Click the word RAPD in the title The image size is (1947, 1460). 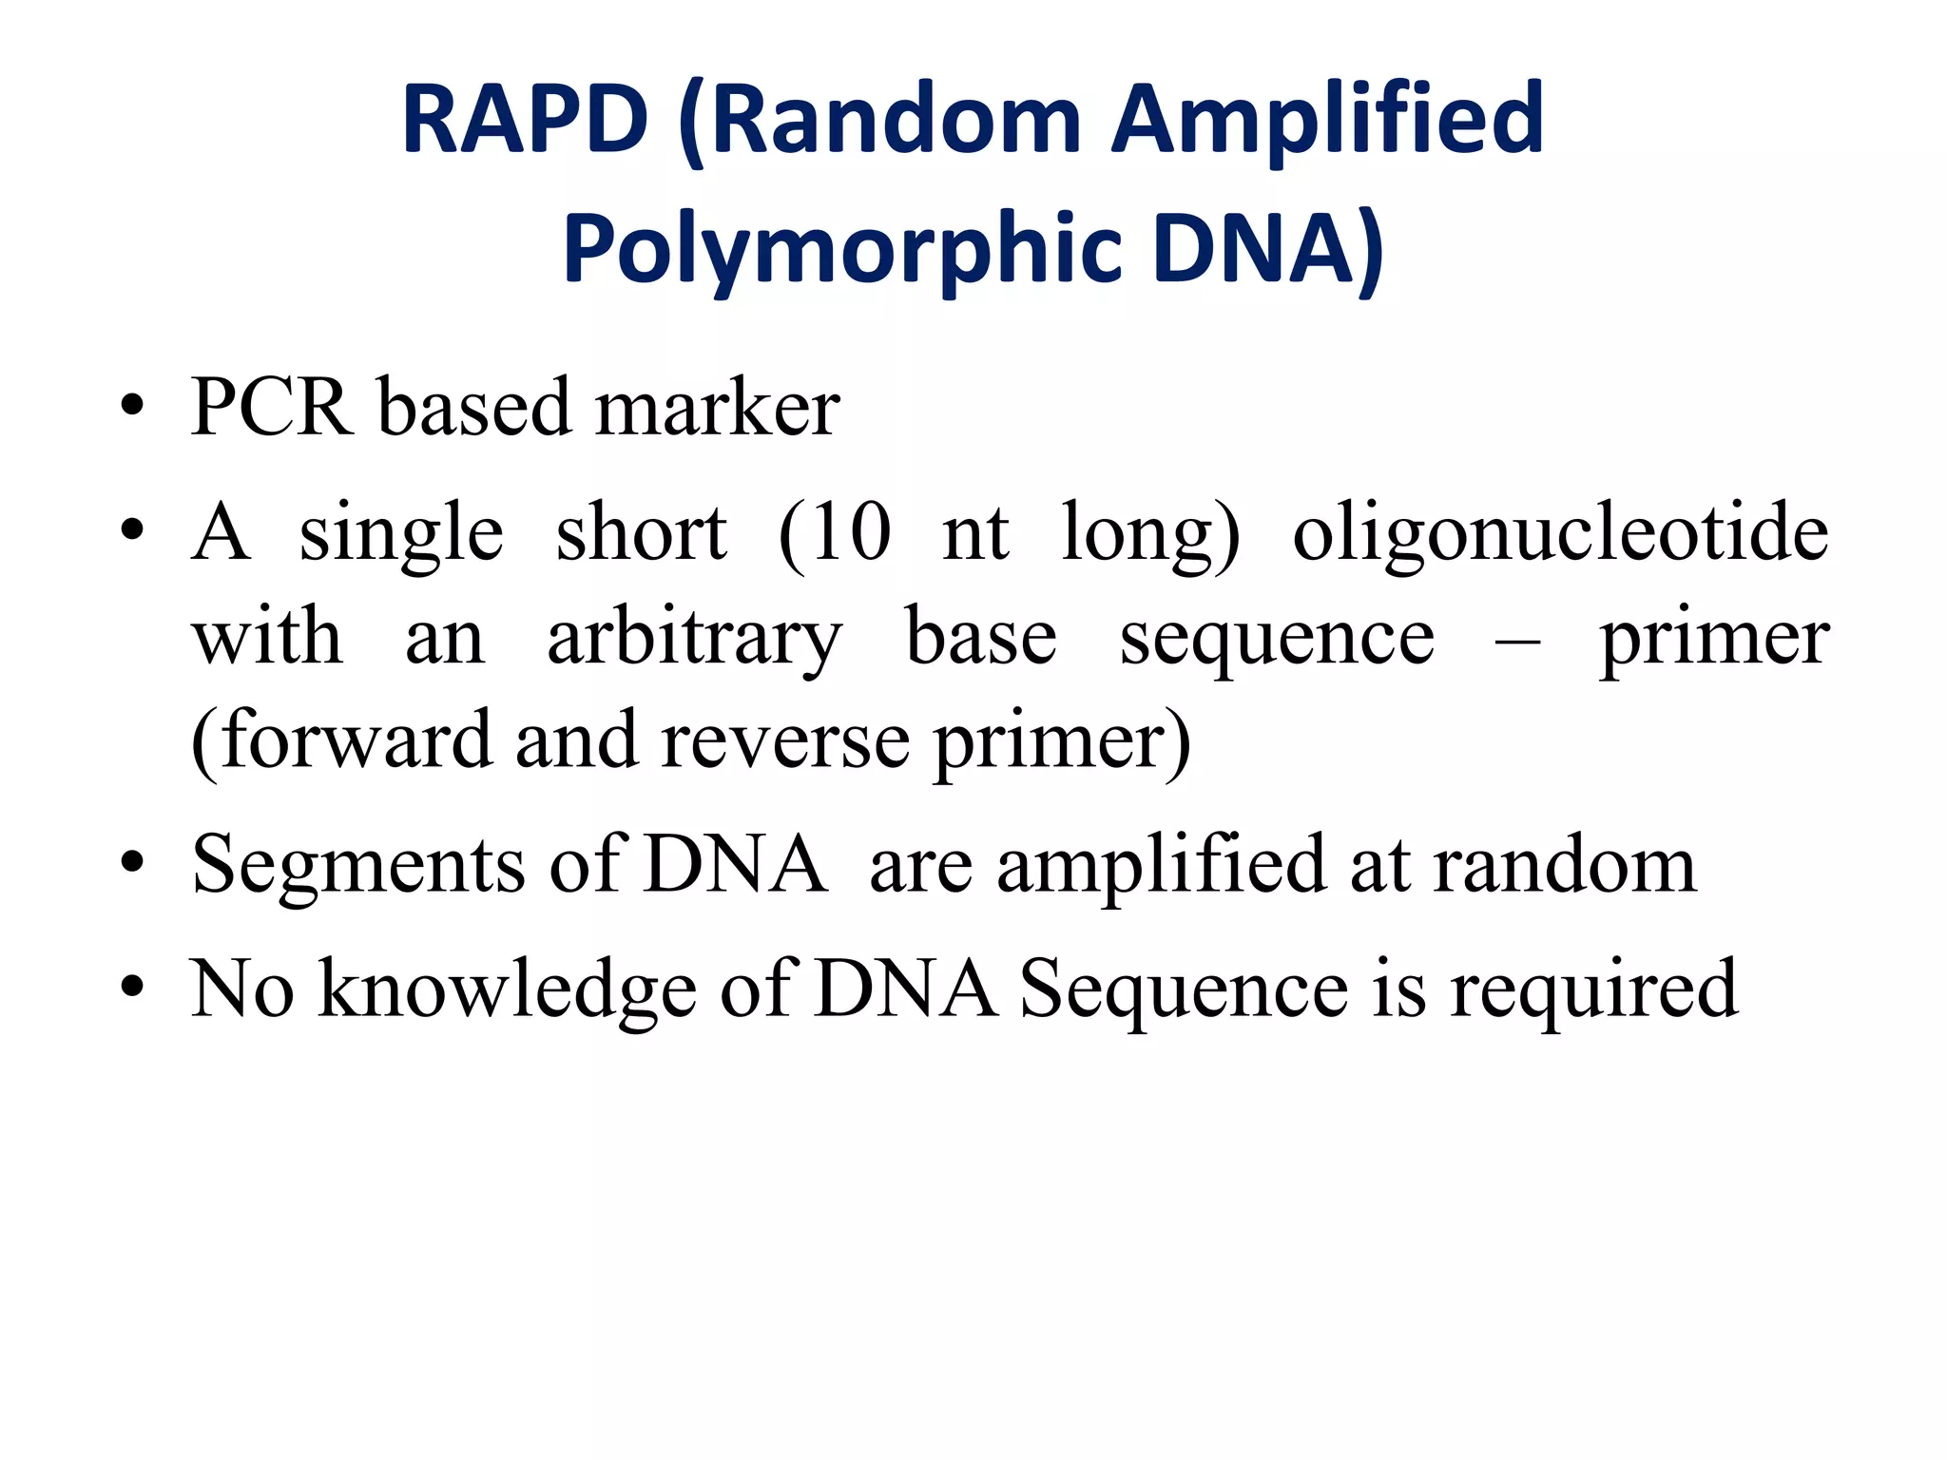coord(525,120)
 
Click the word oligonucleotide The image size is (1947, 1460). coord(1560,532)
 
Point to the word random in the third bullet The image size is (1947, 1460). coord(1565,865)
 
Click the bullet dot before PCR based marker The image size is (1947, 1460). coord(132,409)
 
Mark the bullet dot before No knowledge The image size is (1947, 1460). coord(132,989)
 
